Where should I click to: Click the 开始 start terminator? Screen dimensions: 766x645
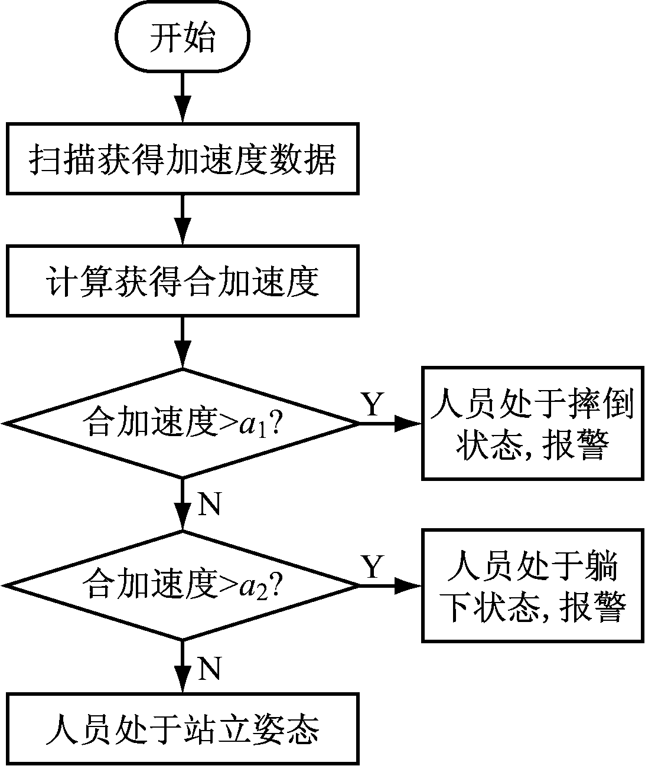183,38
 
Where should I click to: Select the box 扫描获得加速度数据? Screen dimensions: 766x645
183,158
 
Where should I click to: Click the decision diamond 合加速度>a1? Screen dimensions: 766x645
183,423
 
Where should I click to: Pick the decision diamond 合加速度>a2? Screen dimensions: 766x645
183,585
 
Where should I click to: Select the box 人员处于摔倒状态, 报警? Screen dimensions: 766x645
532,423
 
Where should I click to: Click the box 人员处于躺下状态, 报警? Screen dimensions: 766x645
532,585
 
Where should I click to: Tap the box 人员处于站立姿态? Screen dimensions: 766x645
183,729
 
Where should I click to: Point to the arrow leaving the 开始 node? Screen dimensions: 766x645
183,98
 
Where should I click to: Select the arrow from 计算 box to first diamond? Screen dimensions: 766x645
183,342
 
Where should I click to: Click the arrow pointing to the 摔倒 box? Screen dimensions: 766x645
390,423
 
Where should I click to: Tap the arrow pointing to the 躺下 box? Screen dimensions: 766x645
390,585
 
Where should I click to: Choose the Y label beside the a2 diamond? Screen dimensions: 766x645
372,567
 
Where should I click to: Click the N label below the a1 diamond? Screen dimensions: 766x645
209,505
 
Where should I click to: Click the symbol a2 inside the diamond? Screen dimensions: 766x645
252,587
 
